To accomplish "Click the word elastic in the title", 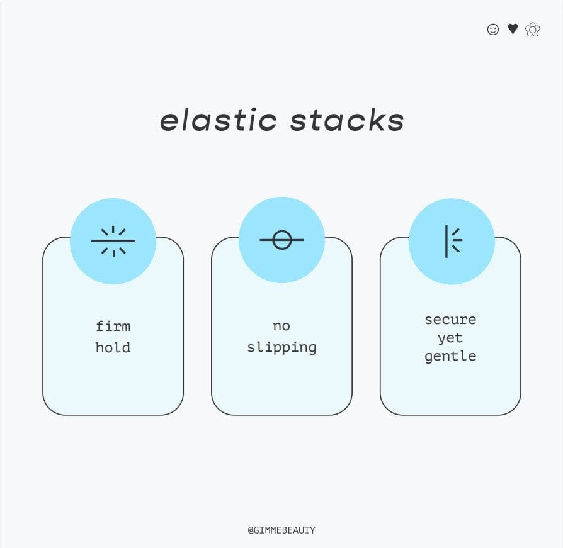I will pos(218,120).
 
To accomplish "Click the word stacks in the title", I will pos(347,120).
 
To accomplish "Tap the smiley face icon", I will pos(493,30).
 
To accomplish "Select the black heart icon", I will pos(513,29).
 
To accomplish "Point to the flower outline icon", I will pos(533,30).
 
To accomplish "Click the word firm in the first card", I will pos(113,326).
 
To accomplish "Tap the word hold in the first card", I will pos(113,347).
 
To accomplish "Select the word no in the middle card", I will pos(281,326).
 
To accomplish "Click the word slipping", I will pos(281,348).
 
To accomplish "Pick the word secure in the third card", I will pos(450,319).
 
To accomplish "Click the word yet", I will pos(450,338).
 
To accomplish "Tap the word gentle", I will pos(450,357).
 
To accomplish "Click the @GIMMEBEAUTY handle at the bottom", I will pos(281,530).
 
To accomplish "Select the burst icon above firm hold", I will pos(113,241).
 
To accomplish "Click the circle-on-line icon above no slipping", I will pos(281,240).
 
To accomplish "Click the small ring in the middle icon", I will pos(281,240).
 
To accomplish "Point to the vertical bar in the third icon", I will pos(446,241).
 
